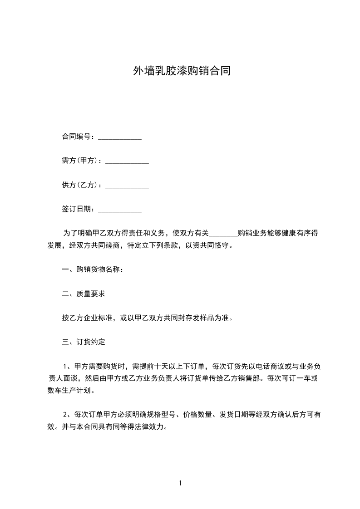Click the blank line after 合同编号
120,138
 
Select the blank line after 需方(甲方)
127,162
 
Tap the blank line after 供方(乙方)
127,186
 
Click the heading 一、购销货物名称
93,269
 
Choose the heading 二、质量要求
84,294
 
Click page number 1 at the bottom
180,483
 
